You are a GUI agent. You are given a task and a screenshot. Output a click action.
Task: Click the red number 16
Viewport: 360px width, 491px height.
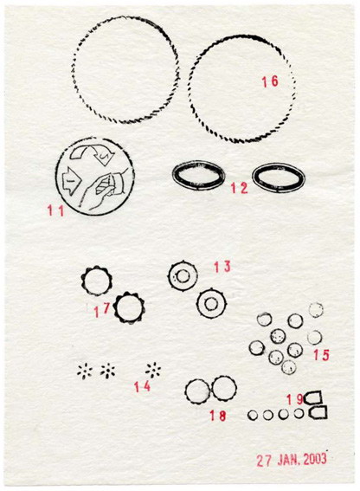270,81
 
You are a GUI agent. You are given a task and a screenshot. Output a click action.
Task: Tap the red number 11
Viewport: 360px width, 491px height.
55,210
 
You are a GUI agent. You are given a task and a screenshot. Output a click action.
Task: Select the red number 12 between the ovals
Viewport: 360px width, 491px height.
239,188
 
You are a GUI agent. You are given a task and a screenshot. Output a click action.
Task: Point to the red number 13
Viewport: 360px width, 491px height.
222,267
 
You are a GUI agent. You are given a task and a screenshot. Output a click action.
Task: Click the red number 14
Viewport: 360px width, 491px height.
143,387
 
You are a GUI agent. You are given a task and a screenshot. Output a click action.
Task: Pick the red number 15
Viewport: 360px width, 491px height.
322,355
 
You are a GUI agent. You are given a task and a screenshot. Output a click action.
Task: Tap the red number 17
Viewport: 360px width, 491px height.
102,310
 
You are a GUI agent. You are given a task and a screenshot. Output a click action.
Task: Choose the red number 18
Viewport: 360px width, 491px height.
217,416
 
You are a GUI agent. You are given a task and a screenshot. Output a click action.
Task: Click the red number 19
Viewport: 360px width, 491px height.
295,399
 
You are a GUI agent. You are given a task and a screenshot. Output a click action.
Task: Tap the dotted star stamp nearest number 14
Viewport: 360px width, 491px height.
153,371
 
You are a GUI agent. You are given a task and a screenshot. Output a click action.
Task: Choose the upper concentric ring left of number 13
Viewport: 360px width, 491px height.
170,276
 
